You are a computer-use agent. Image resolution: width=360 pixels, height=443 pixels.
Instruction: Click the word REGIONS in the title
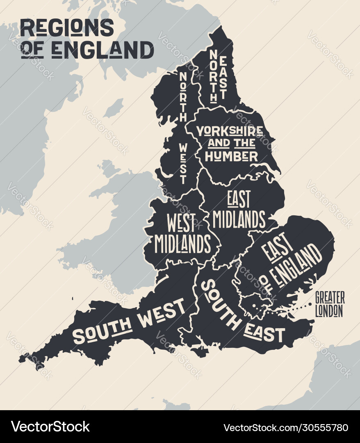coord(67,28)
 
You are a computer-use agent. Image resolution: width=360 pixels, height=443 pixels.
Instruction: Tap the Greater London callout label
coord(330,304)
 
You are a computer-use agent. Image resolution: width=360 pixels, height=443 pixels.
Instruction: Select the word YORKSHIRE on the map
coord(230,131)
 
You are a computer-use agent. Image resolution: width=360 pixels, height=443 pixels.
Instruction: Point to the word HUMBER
coord(231,156)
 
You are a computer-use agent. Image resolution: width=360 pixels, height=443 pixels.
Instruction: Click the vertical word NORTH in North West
coord(183,97)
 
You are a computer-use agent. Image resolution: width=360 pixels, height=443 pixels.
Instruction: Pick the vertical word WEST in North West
coord(183,163)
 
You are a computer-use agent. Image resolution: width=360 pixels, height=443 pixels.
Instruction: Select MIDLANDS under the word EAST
coord(239,219)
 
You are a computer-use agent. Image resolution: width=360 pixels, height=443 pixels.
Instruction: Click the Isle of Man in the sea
coord(113,108)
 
